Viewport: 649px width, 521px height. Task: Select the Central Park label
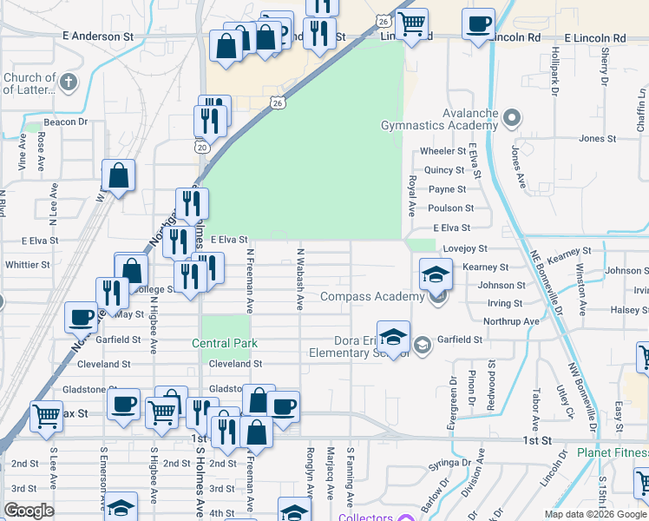[x=225, y=344]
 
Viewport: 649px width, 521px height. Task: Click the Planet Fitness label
[x=613, y=453]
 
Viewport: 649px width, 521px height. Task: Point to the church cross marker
[x=69, y=83]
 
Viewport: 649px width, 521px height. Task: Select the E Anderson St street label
[x=98, y=37]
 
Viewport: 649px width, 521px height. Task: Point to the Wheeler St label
[x=442, y=151]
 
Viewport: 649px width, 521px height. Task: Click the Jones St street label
[x=597, y=139]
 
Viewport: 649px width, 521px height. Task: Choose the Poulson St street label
[x=451, y=208]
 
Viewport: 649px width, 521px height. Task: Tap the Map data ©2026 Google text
[x=594, y=514]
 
